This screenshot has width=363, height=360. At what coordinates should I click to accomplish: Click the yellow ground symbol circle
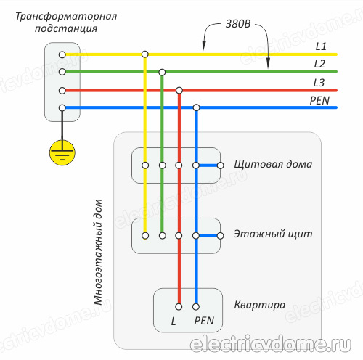pos(62,152)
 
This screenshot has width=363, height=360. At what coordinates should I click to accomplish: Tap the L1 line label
pos(320,46)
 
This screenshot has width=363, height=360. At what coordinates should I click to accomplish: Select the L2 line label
pos(320,64)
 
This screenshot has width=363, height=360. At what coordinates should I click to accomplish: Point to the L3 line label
pos(320,83)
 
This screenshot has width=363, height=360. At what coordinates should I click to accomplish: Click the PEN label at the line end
pos(319,100)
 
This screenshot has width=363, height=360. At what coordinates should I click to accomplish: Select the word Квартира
pos(259,305)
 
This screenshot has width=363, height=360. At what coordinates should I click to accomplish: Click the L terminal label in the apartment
pos(174,320)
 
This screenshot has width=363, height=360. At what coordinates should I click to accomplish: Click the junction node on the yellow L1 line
pos(145,54)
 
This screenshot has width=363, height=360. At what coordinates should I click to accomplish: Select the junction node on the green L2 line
pos(162,72)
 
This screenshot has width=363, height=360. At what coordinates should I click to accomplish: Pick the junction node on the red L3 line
pos(179,90)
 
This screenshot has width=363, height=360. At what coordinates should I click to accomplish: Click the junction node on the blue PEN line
pos(195,107)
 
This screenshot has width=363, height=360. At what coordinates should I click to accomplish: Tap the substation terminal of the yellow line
pos(62,54)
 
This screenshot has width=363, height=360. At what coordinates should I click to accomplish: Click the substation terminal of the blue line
pos(62,107)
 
